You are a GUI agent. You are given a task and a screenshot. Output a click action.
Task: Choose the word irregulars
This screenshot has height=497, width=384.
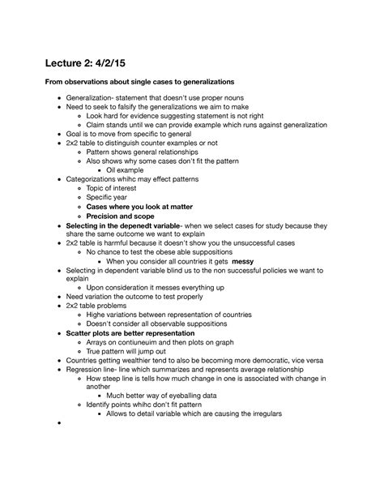(260, 415)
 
